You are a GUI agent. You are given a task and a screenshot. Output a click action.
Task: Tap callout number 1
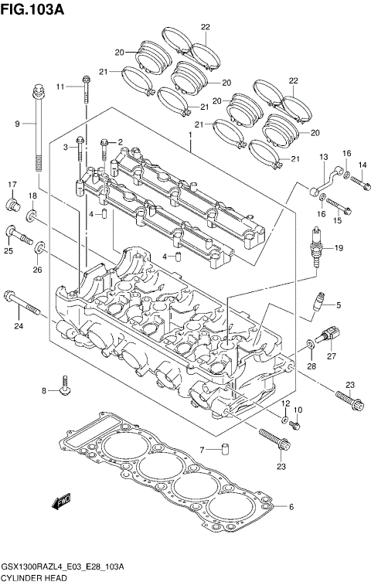coord(189,135)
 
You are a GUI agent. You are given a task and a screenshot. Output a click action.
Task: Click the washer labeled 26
coord(40,247)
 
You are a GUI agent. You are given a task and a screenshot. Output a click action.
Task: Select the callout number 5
coord(337,304)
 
